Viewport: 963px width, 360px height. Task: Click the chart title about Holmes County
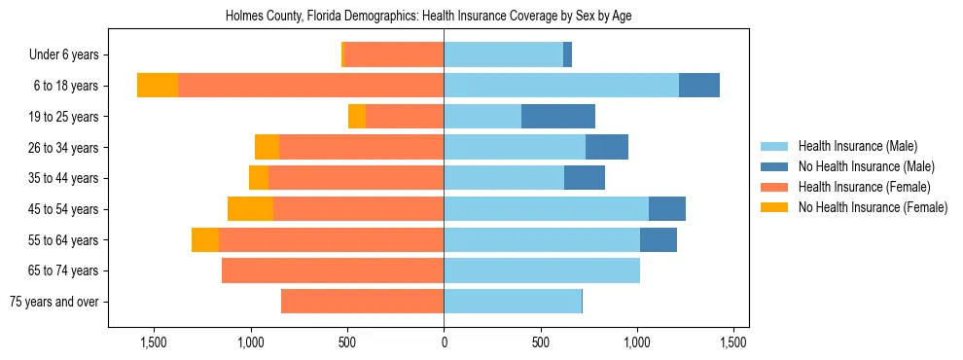click(428, 17)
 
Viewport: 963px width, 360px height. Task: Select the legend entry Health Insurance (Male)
click(857, 147)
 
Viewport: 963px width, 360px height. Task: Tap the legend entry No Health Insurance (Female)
click(873, 207)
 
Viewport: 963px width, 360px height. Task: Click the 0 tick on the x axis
click(445, 342)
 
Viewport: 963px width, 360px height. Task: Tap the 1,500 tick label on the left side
click(155, 342)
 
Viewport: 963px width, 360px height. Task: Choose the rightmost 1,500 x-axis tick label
click(733, 342)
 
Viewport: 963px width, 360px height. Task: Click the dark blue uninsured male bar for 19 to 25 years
click(558, 117)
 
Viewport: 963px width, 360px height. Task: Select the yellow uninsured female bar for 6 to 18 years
click(158, 86)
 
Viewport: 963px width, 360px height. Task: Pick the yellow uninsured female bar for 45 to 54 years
click(250, 209)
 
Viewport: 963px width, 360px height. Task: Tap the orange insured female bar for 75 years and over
click(363, 302)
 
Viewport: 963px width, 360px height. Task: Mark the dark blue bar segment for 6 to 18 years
click(698, 86)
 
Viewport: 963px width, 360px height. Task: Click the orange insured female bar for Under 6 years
click(394, 55)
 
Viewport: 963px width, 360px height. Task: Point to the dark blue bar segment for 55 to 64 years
click(658, 240)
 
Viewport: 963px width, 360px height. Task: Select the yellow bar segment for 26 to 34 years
click(267, 147)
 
